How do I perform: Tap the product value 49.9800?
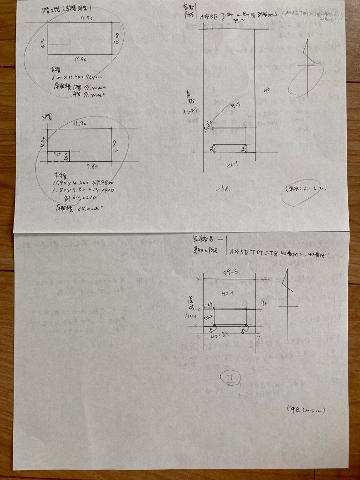pyautogui.click(x=101, y=183)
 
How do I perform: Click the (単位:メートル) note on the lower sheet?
pyautogui.click(x=305, y=409)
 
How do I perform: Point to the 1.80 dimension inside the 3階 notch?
pyautogui.click(x=67, y=156)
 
